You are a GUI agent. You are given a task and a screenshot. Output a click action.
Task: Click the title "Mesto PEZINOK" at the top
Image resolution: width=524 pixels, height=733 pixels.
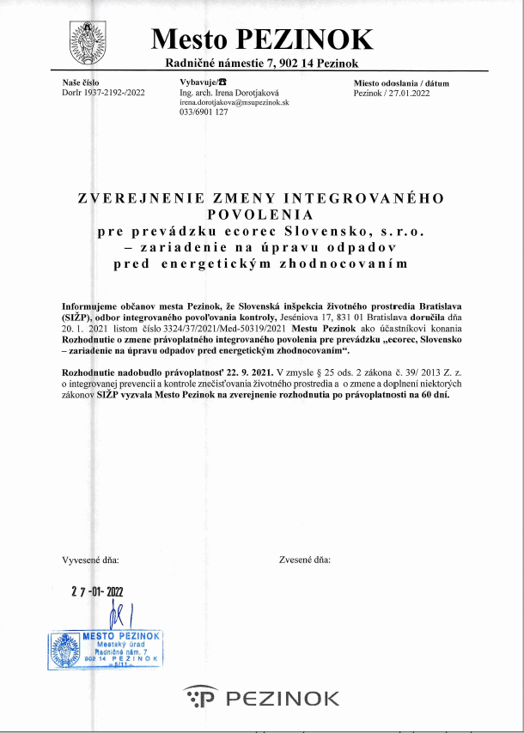[x=262, y=39]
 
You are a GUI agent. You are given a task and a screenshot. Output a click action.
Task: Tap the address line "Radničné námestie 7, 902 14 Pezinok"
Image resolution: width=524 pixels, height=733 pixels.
[x=262, y=64]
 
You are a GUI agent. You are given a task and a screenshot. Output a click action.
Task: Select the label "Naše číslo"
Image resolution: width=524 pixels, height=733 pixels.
[x=81, y=82]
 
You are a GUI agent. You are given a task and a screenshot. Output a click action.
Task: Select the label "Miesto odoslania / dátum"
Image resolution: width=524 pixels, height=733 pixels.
[x=401, y=83]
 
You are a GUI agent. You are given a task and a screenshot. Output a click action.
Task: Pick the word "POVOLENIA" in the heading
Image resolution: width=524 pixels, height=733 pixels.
[x=261, y=214]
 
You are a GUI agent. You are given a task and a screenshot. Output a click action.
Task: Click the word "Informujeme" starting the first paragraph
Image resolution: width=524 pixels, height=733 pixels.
[x=88, y=306]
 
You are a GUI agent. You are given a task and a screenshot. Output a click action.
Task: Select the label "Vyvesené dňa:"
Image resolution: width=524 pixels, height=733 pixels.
[x=91, y=560]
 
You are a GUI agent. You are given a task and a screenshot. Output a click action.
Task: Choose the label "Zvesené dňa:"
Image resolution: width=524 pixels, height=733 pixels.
[x=304, y=560]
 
